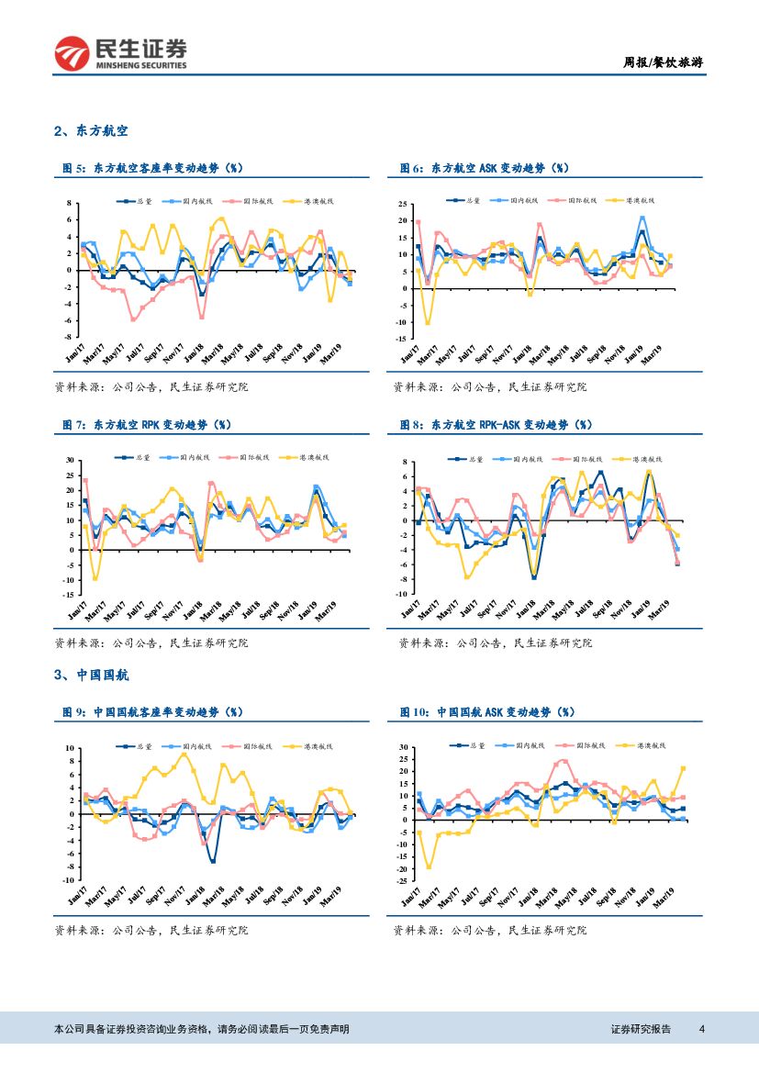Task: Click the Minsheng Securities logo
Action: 120,53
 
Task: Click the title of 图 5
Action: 151,168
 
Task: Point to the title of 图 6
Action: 484,168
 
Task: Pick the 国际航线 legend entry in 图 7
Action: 258,457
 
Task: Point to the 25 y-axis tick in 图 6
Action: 404,204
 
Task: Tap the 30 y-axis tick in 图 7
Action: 68,460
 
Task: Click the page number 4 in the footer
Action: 702,1029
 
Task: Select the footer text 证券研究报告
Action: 641,1029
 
